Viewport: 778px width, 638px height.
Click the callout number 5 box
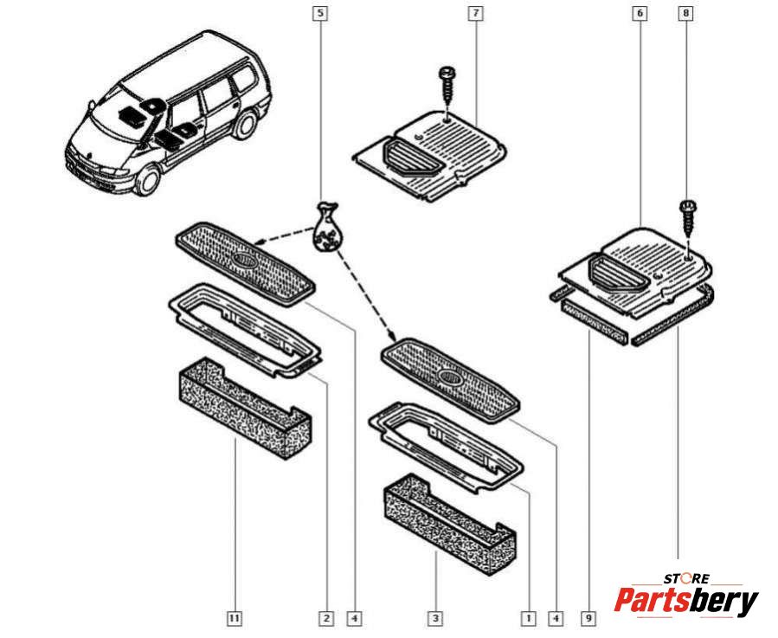point(321,14)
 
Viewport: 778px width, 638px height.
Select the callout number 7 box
point(475,14)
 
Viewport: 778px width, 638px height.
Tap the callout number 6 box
point(640,14)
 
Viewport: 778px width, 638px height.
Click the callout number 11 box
point(235,618)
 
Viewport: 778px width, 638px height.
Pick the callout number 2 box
point(325,618)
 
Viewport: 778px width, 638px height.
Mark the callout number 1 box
point(526,618)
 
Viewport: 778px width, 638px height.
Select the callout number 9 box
point(588,618)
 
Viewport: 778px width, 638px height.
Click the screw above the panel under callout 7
point(447,85)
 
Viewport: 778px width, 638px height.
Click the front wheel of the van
point(148,180)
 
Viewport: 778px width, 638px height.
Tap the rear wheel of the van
point(245,126)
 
